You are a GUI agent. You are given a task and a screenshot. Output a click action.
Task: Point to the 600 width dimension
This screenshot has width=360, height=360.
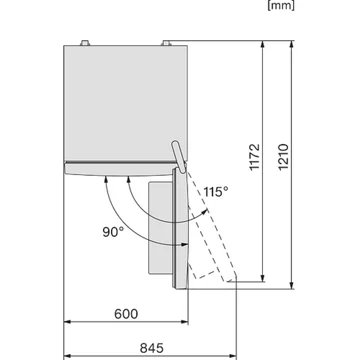click(126, 313)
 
